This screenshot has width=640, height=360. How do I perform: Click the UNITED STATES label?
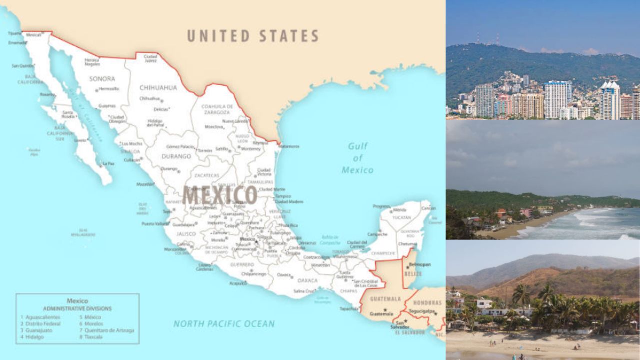tap(253, 36)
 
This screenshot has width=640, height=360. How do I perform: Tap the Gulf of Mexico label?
tap(357, 158)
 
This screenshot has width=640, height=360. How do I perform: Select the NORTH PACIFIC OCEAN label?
tap(224, 324)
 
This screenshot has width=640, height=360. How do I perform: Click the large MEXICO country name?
tap(220, 195)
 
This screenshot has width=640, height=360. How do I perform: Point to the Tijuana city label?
tap(15, 33)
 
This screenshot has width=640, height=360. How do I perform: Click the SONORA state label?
tap(102, 79)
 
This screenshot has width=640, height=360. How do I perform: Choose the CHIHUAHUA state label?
tap(158, 88)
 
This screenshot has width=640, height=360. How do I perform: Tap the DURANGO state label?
tap(176, 156)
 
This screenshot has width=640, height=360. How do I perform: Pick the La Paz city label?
tap(108, 163)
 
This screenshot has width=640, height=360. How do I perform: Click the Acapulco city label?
tap(238, 283)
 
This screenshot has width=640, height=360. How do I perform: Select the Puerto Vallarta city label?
tap(155, 224)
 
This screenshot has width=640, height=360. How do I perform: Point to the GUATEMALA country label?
tap(385, 299)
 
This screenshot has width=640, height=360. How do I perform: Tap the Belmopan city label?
tap(419, 265)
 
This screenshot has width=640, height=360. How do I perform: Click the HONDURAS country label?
tap(428, 303)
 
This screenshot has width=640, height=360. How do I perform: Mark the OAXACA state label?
tap(307, 281)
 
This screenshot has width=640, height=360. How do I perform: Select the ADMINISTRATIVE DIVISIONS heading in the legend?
tap(77, 308)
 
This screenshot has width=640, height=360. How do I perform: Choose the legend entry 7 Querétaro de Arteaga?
tap(106, 330)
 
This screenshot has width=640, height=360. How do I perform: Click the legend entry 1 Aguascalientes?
tap(40, 317)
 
